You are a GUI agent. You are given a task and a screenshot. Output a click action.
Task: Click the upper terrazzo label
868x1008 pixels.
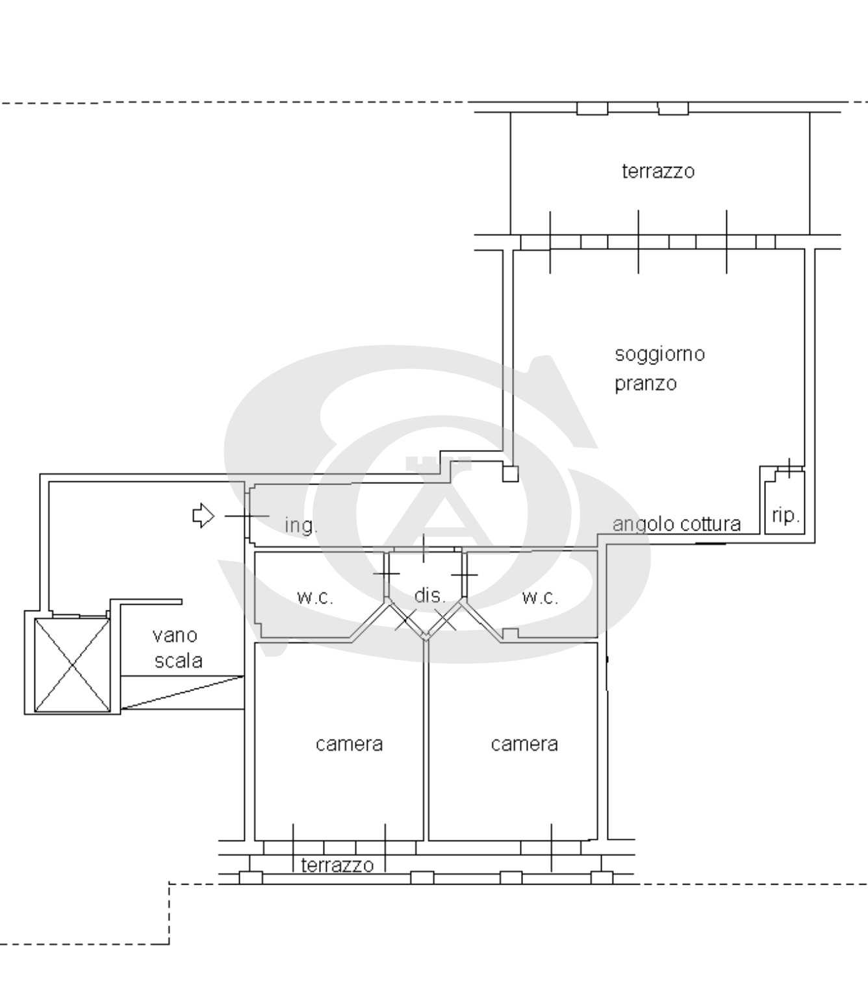(657, 171)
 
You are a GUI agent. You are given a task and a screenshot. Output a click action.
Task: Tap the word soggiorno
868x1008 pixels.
(659, 354)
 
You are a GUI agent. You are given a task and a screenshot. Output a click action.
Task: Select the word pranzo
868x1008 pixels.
(646, 384)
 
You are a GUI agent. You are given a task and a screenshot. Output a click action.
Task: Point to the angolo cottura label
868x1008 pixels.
(676, 524)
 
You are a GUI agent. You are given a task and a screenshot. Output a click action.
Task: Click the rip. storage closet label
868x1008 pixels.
(785, 515)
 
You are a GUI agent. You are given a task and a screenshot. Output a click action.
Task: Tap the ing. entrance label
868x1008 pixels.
(301, 525)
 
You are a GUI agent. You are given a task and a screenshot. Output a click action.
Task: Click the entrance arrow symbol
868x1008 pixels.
(203, 516)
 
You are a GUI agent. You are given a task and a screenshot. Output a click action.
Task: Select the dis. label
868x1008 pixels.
(429, 596)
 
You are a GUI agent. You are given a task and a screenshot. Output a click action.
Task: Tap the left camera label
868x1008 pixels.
(349, 744)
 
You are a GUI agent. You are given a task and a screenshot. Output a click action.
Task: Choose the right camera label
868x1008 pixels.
(524, 744)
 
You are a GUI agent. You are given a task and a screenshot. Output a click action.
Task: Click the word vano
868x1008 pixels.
(175, 635)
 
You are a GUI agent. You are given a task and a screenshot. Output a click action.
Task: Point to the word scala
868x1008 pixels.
(178, 661)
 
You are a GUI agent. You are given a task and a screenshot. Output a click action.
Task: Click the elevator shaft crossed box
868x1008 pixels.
(72, 665)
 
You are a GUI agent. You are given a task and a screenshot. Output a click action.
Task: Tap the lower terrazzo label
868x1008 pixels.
(337, 866)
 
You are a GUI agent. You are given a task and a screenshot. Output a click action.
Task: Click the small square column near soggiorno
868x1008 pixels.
(511, 473)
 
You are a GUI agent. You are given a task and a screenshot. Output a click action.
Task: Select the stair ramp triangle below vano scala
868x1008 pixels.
(182, 692)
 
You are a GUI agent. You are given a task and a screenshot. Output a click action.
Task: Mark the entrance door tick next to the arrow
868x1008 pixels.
(247, 516)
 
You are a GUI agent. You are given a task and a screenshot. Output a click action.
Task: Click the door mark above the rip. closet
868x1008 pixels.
(789, 468)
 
